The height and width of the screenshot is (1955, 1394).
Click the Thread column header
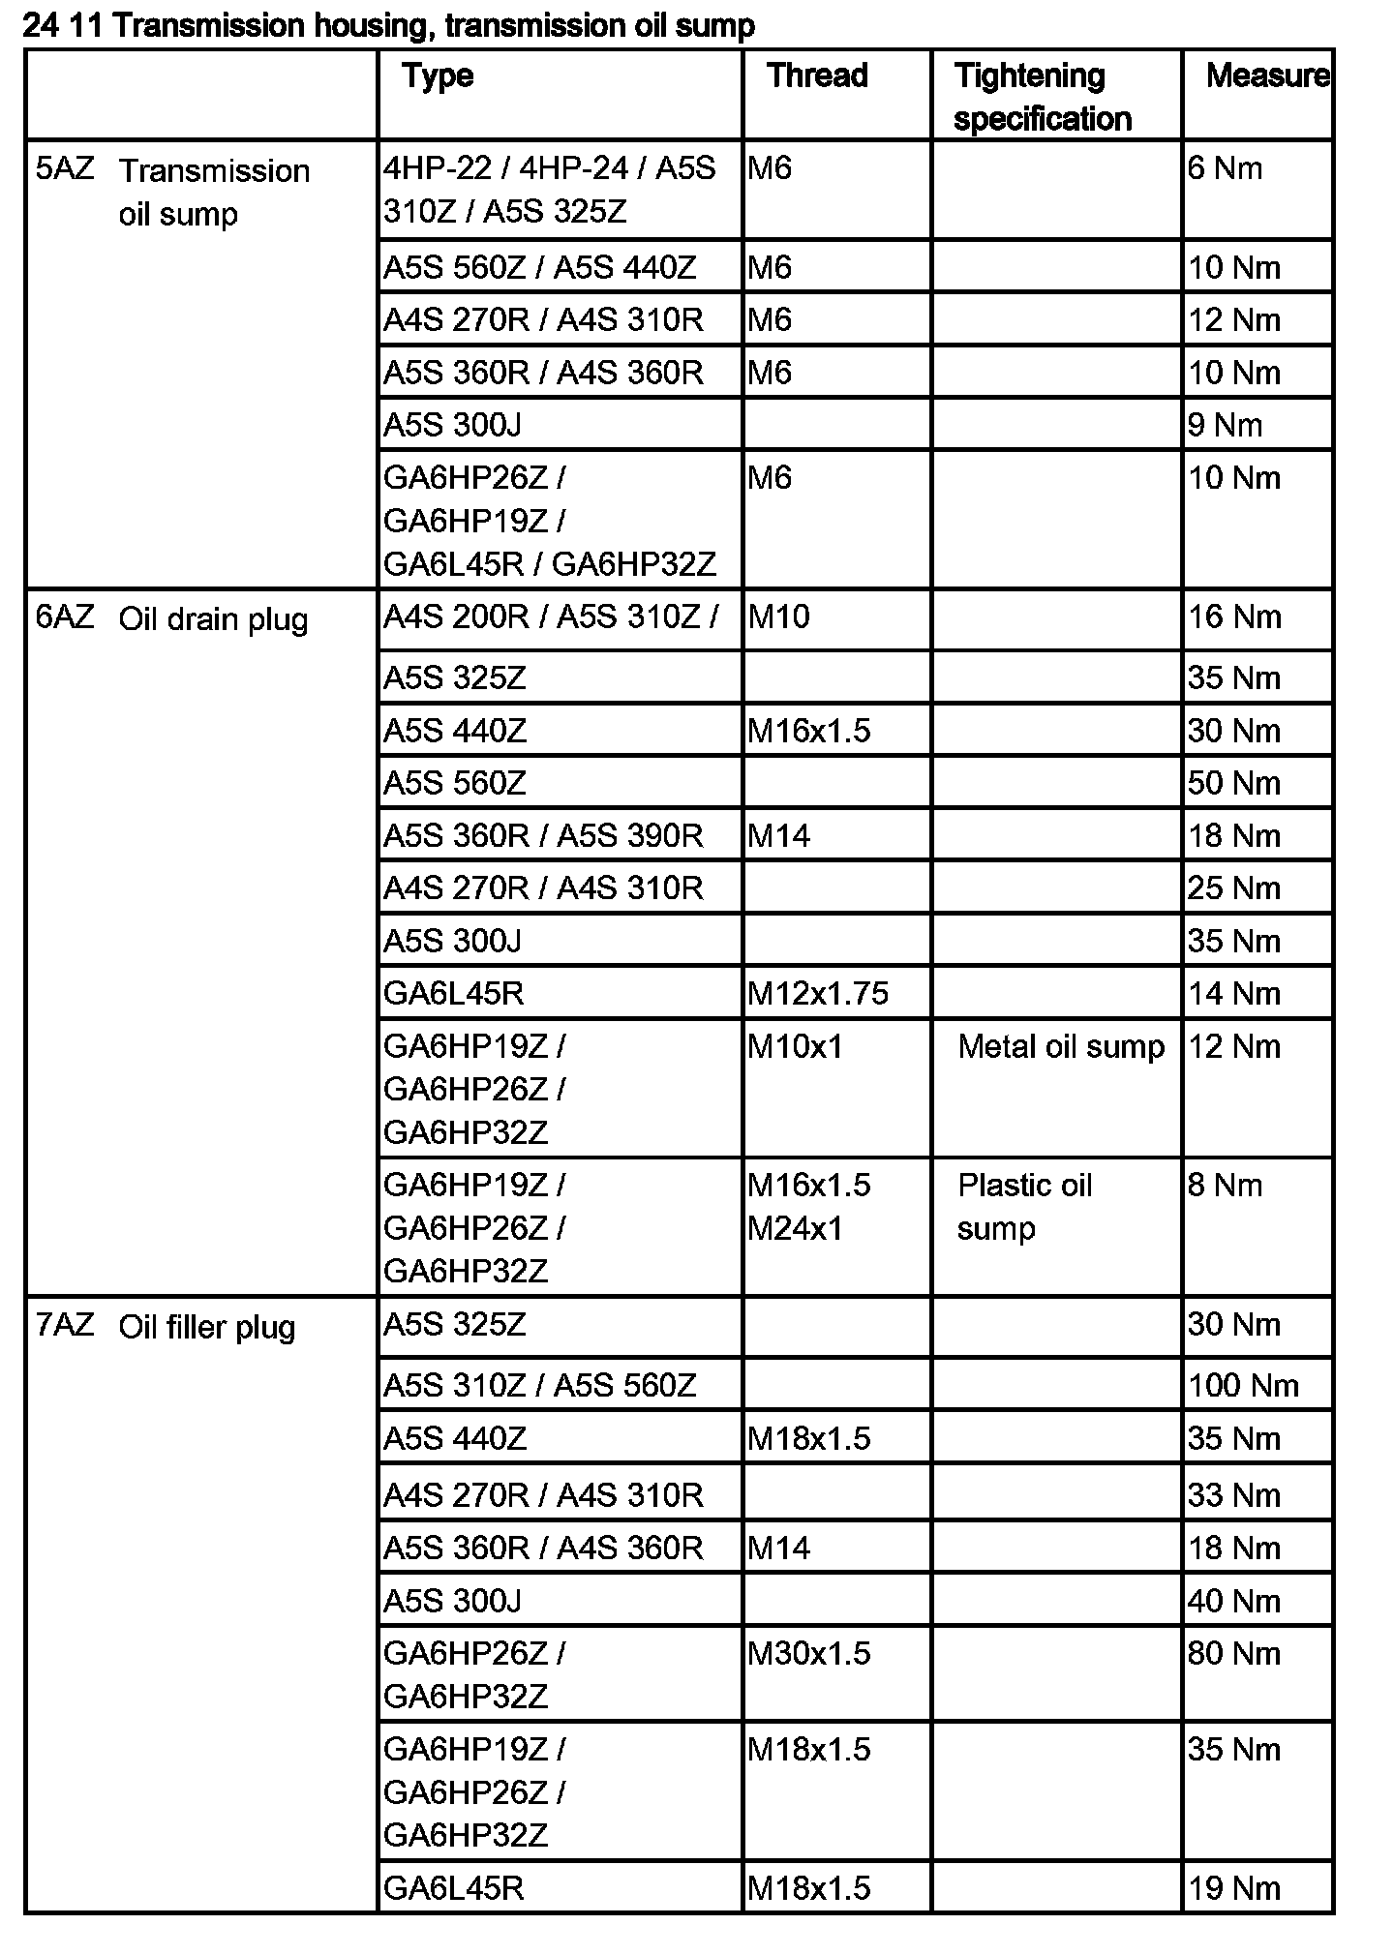pos(817,75)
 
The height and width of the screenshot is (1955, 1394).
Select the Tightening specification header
pos(1043,97)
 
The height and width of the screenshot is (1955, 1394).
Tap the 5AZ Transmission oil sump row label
pos(174,191)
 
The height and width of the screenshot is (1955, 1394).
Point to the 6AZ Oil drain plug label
pos(172,618)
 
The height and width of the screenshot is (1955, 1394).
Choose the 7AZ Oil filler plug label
pos(166,1326)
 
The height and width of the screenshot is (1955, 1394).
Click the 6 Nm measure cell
pos(1225,168)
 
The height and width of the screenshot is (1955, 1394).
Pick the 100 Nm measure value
pos(1243,1385)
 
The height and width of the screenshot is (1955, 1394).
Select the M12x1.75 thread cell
pos(818,993)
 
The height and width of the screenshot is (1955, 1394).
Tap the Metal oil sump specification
pos(1061,1046)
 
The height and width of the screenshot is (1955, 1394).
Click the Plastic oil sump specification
pos(1024,1206)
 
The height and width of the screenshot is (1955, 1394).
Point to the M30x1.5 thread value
pos(809,1653)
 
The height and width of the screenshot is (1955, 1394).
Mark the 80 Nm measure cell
pos(1234,1653)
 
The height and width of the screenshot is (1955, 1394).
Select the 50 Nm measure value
pos(1234,782)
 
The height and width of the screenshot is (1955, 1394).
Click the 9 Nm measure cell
pos(1225,425)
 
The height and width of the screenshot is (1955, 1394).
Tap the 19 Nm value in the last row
pos(1234,1888)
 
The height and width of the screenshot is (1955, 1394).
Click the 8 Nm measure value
pos(1225,1186)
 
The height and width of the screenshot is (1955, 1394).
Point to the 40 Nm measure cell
pos(1234,1601)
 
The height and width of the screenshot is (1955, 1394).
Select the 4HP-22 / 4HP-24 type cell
pos(549,190)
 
